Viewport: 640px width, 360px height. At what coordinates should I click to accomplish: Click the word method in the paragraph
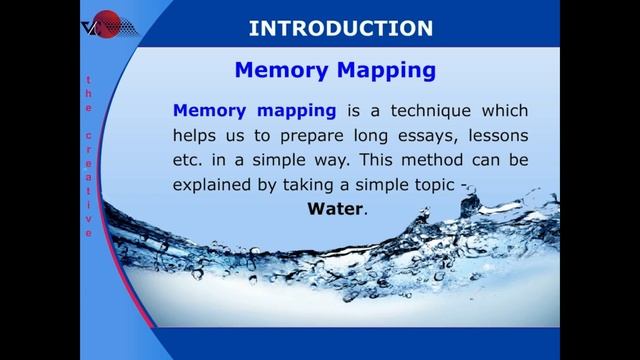click(x=421, y=160)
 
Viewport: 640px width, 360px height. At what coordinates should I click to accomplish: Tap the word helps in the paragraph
click(x=197, y=135)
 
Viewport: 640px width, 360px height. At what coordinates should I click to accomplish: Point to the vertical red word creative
click(x=88, y=184)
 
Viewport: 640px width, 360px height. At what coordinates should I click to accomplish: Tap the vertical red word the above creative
click(x=88, y=94)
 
